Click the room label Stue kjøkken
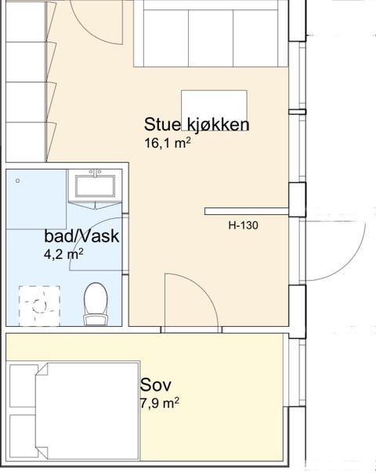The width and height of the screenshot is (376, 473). [197, 125]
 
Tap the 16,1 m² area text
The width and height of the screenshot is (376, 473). [168, 143]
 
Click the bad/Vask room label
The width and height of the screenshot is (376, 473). [81, 236]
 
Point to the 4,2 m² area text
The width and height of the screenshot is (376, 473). [64, 254]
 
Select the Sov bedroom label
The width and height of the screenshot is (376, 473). [156, 385]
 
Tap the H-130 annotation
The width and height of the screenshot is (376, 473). [243, 226]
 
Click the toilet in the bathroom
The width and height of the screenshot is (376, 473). [96, 303]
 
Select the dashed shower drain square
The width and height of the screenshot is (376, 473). [39, 304]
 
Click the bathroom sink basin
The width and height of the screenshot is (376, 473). [95, 185]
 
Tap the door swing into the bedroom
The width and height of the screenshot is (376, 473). [188, 301]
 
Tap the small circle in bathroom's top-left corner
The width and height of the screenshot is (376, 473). [17, 180]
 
